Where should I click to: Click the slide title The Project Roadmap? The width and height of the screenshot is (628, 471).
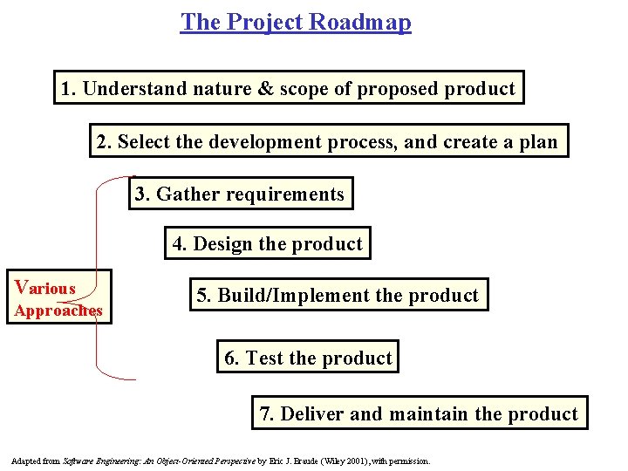[x=296, y=22]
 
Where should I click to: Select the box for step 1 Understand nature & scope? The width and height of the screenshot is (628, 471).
[x=289, y=88]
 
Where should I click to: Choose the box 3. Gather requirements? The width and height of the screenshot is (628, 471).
[x=241, y=194]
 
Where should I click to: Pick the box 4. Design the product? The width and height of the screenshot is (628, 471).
[x=267, y=244]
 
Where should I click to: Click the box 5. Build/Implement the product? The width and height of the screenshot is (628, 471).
[x=338, y=296]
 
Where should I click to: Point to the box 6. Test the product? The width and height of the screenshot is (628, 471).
[x=308, y=358]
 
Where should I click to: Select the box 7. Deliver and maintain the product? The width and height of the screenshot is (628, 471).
[x=419, y=413]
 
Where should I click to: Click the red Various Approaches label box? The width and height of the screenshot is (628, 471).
[x=59, y=297]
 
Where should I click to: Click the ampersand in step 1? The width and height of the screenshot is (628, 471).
[x=267, y=89]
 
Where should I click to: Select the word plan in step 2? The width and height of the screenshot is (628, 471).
[x=537, y=141]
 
